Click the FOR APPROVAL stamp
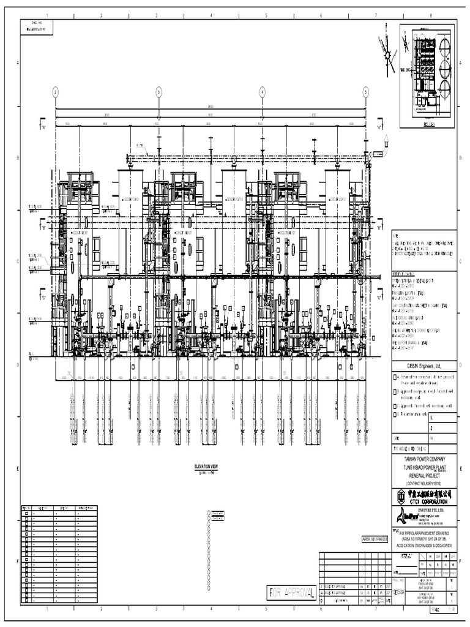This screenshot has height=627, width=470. pos(292,593)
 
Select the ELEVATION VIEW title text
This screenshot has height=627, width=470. pos(206,467)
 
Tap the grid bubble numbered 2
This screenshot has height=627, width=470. pos(55,92)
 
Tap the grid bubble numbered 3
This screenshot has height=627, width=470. pos(159,92)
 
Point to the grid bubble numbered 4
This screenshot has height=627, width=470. pos(262,92)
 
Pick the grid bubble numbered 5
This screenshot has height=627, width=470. pos(365,92)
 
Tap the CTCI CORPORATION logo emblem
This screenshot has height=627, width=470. pos(400,495)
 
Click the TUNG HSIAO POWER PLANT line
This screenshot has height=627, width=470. pos(423,467)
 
